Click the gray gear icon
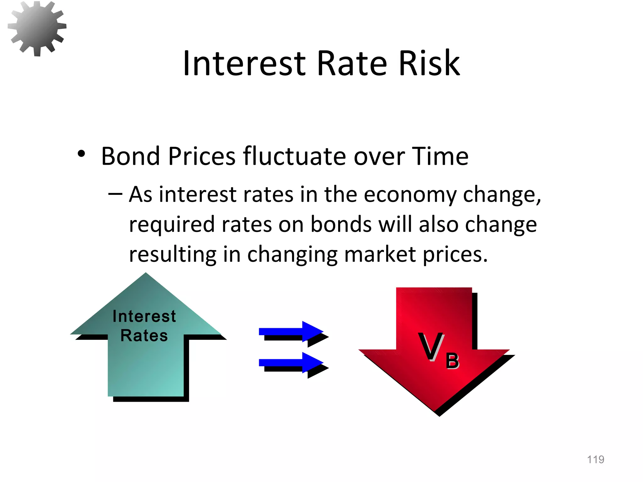37,28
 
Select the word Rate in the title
352,64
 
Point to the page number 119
595,459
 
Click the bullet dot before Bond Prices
81,154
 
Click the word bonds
341,224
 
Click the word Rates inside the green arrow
144,335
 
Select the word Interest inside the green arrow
144,316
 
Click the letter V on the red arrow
431,347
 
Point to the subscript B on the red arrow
452,361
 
